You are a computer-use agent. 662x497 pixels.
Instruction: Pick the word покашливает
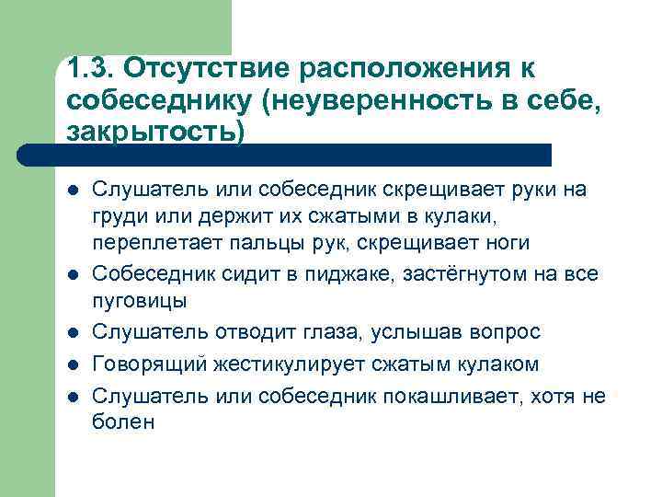pyautogui.click(x=458, y=396)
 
